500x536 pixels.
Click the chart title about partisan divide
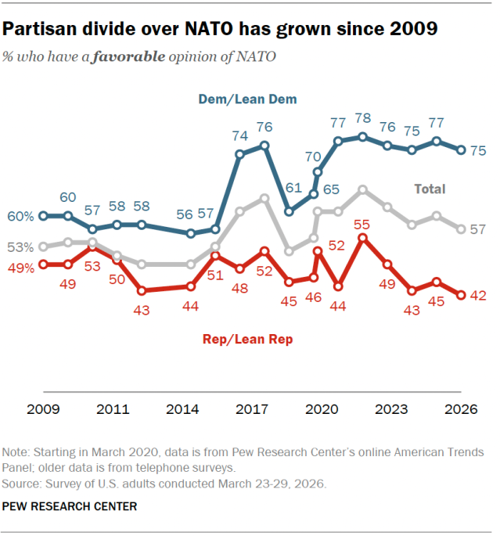pyautogui.click(x=220, y=30)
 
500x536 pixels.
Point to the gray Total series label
pyautogui.click(x=430, y=189)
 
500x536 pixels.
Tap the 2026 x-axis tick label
pyautogui.click(x=461, y=408)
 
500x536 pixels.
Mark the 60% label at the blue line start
pyautogui.click(x=21, y=216)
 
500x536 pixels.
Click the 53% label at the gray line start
pyautogui.click(x=21, y=247)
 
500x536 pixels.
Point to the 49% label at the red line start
pyautogui.click(x=21, y=268)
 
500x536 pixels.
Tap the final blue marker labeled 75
pyautogui.click(x=462, y=149)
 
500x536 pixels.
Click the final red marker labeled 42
pyautogui.click(x=462, y=295)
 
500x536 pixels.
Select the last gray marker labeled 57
pyautogui.click(x=462, y=229)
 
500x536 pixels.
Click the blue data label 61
pyautogui.click(x=293, y=188)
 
